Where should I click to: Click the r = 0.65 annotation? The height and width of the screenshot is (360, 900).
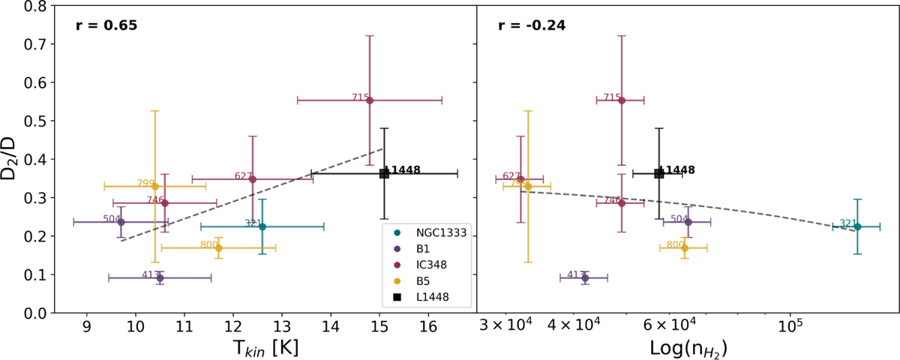point(106,25)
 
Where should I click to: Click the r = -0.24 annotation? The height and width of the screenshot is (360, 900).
point(532,25)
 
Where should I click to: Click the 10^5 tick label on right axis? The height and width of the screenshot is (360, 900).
point(789,328)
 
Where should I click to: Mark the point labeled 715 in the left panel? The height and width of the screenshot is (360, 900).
point(370,100)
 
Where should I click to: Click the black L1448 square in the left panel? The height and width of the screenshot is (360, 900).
point(384,173)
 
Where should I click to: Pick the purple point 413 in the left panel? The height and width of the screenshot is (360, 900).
point(160,277)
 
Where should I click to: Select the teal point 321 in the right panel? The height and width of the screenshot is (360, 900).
point(857,226)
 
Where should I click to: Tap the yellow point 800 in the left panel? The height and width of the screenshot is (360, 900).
point(218,247)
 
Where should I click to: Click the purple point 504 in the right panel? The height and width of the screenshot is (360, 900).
point(688,222)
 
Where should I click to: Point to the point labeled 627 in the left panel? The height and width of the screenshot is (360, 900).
point(253,179)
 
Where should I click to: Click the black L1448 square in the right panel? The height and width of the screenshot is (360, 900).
point(658,173)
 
